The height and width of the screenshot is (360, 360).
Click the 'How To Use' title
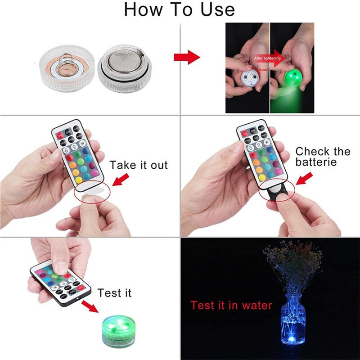pyautogui.click(x=180, y=9)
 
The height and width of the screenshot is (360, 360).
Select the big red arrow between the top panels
pyautogui.click(x=187, y=57)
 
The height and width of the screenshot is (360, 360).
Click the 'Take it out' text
pyautogui.click(x=138, y=165)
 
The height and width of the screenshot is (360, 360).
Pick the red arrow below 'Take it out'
pyautogui.click(x=120, y=181)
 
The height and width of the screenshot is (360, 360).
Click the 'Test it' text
pyautogui.click(x=114, y=293)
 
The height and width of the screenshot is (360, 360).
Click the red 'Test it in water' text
pyautogui.click(x=231, y=306)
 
